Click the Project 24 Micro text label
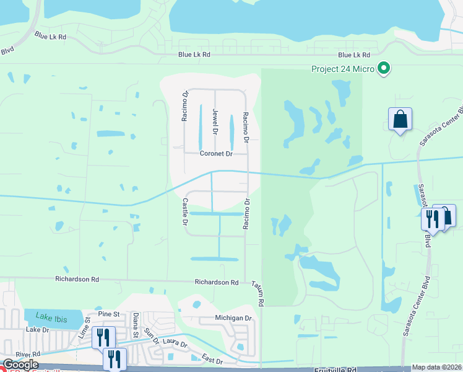pyautogui.click(x=343, y=69)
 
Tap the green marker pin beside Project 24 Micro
pyautogui.click(x=384, y=68)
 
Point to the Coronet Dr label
pyautogui.click(x=215, y=154)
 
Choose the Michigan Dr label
pyautogui.click(x=235, y=318)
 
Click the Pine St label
pyautogui.click(x=108, y=314)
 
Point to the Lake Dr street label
pyautogui.click(x=37, y=330)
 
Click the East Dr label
pyautogui.click(x=212, y=360)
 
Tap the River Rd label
pyautogui.click(x=28, y=354)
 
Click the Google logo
pyautogui.click(x=20, y=365)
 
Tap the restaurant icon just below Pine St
pyautogui.click(x=103, y=337)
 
